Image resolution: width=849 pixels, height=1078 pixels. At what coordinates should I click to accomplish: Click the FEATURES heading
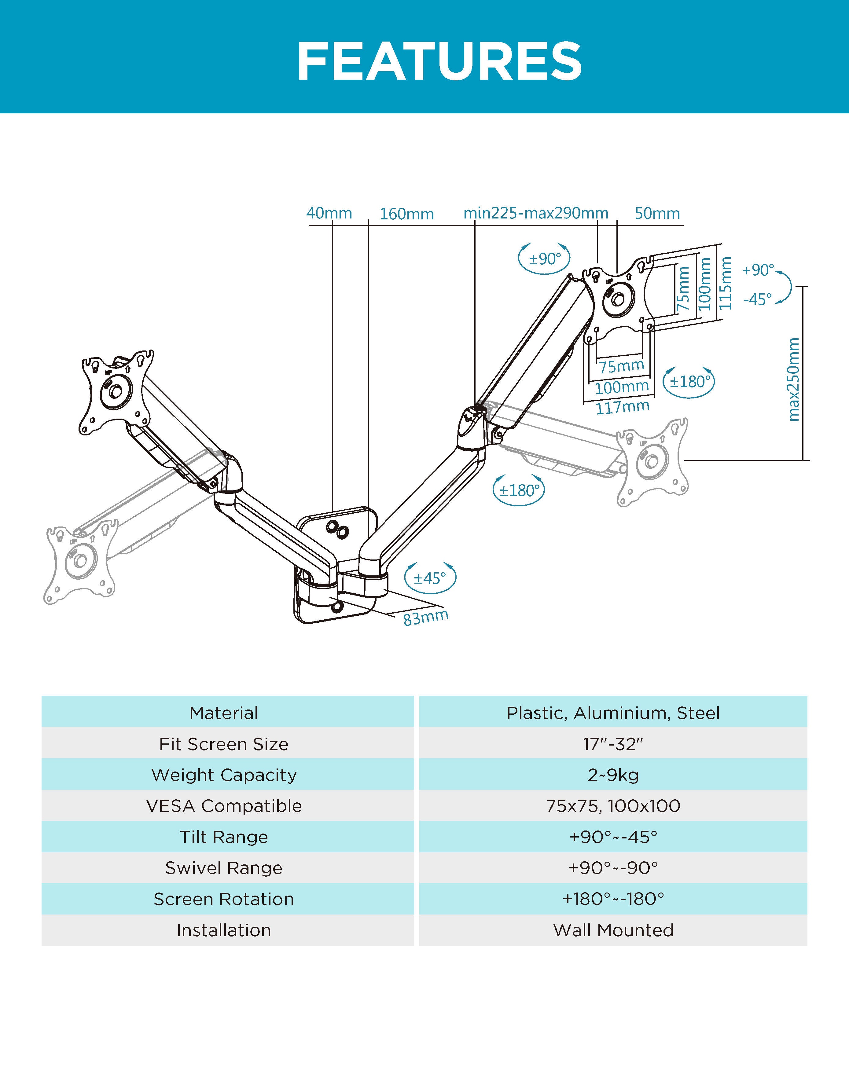click(x=439, y=62)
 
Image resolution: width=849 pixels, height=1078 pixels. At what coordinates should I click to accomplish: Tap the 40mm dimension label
click(x=329, y=213)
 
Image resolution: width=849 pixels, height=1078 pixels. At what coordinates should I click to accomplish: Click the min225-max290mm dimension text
click(x=536, y=213)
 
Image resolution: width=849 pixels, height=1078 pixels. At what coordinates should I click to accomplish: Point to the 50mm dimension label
click(x=657, y=213)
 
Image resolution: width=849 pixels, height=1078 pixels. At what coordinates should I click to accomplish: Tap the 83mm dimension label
click(x=426, y=618)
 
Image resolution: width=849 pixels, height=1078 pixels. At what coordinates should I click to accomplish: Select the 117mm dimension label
click(x=622, y=407)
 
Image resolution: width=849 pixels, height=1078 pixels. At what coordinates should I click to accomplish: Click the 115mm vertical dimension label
click(x=726, y=283)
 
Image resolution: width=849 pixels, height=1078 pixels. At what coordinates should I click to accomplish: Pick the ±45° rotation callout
click(x=430, y=578)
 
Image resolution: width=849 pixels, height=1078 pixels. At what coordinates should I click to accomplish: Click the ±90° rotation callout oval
click(x=544, y=258)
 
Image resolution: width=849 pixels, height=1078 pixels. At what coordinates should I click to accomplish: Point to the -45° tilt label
click(x=758, y=299)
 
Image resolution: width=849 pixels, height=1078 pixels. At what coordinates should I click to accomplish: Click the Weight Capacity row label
click(x=224, y=775)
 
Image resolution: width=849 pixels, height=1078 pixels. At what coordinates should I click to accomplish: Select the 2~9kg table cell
click(x=613, y=775)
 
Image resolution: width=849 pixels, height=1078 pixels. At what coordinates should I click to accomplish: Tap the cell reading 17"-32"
click(x=613, y=744)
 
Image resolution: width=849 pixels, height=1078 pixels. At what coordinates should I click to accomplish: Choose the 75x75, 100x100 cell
click(x=613, y=806)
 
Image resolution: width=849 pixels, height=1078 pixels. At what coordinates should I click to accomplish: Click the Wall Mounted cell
click(x=613, y=930)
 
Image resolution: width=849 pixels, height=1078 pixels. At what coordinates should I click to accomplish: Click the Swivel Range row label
click(x=224, y=868)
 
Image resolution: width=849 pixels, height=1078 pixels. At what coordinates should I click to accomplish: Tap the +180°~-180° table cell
click(x=613, y=899)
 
